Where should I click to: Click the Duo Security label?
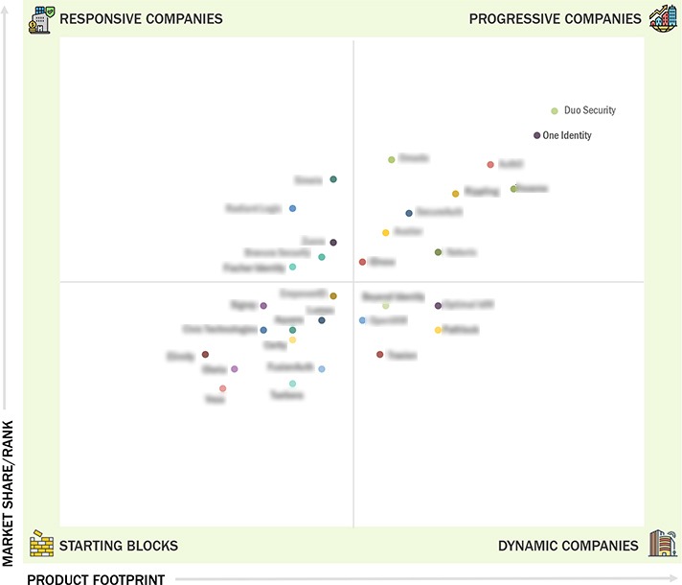coord(590,110)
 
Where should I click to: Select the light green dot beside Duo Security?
coord(555,110)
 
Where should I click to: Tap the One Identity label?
coord(567,135)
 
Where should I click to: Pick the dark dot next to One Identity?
coord(537,135)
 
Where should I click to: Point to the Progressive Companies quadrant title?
coord(556,18)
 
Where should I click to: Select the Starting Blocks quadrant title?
coord(119,546)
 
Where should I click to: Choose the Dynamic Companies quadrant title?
coord(568,546)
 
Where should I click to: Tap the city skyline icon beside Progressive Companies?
coord(662,17)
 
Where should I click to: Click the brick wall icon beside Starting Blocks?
coord(41,544)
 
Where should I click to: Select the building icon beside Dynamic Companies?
coord(662,544)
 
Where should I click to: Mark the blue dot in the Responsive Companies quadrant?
coord(292,208)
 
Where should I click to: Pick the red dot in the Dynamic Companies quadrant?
coord(379,355)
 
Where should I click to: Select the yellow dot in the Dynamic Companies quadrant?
coord(438,330)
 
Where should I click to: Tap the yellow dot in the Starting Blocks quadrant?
coord(292,339)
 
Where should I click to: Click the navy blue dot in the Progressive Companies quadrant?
coord(409,213)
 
